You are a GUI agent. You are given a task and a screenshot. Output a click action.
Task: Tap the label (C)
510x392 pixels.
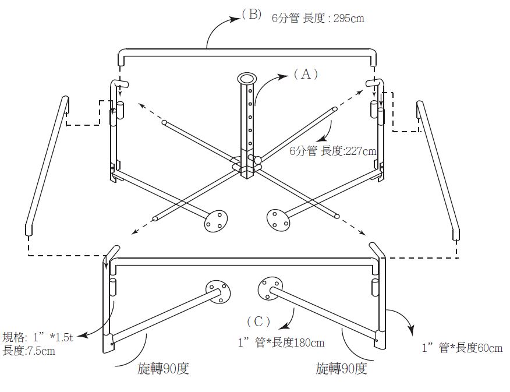pyautogui.click(x=258, y=321)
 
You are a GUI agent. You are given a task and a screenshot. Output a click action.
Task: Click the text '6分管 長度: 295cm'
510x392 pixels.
pyautogui.click(x=318, y=18)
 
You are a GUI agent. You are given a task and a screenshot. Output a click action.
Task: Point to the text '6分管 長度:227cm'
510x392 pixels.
pyautogui.click(x=332, y=151)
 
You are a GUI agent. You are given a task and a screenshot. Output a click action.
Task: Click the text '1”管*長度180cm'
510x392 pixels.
pyautogui.click(x=281, y=342)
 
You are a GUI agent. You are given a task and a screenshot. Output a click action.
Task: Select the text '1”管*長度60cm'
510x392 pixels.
pyautogui.click(x=462, y=348)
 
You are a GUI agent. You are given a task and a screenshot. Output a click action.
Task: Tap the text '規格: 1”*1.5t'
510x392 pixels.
pyautogui.click(x=38, y=337)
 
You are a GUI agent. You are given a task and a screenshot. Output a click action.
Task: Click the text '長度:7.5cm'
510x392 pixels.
pyautogui.click(x=29, y=351)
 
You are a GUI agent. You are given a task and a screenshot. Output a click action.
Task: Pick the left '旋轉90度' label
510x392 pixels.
pyautogui.click(x=164, y=369)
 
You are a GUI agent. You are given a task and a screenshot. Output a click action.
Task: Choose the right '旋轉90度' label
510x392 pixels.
pyautogui.click(x=341, y=369)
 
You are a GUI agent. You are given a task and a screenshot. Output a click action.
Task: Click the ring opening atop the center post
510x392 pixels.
pyautogui.click(x=246, y=78)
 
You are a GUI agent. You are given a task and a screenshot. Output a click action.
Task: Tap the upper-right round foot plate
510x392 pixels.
pyautogui.click(x=278, y=220)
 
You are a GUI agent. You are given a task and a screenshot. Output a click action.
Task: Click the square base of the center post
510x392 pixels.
pyautogui.click(x=246, y=171)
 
